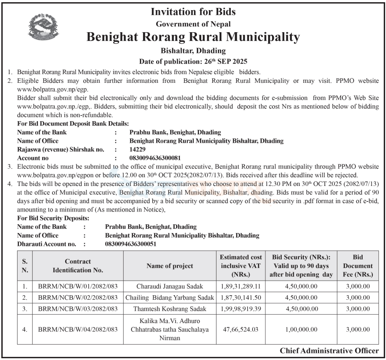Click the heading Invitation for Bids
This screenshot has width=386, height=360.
pos(193,11)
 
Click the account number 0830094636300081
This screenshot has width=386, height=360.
pos(155,158)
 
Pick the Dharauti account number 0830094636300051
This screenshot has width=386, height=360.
pos(131,244)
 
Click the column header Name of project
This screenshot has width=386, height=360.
pos(170,266)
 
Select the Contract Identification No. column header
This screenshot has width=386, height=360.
pos(78,266)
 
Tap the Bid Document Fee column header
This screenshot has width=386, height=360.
pos(357,266)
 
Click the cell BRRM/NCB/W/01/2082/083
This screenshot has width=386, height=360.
pos(78,286)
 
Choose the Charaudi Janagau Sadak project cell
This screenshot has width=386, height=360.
pos(170,286)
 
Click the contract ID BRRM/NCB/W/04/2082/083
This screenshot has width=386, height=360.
pos(78,329)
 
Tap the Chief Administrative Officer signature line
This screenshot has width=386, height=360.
pos(329,351)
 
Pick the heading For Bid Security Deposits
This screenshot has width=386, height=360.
pos(53,218)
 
